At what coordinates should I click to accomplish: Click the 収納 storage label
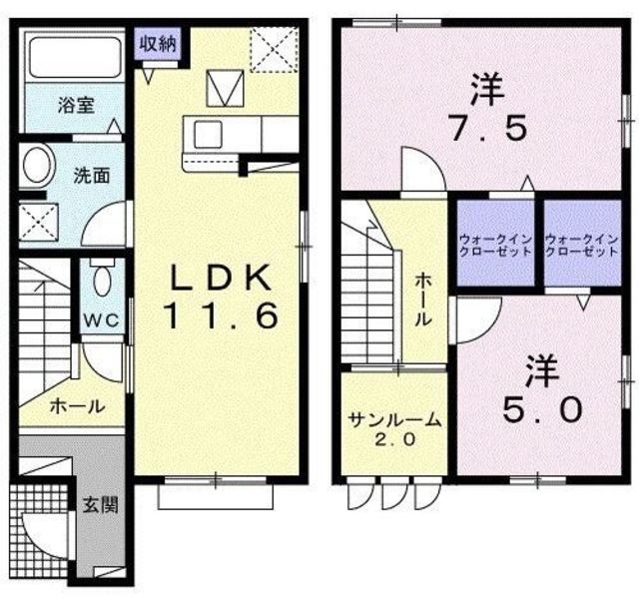pos(158,44)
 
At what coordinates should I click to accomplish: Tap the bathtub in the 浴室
pos(76,57)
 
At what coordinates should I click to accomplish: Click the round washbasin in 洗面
pos(39,166)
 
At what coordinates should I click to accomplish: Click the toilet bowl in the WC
pos(101,280)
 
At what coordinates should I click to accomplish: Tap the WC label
pos(102,320)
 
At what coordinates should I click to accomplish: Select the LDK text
pos(221,278)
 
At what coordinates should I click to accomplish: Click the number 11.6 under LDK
pos(221,316)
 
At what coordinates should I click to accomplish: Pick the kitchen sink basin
pos(208,135)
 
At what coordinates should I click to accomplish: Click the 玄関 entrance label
pos(101,505)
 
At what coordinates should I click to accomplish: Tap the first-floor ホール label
pos(78,406)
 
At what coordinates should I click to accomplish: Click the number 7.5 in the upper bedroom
pos(487,127)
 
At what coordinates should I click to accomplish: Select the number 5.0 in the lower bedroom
pos(541,410)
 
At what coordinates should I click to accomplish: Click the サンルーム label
pos(395,420)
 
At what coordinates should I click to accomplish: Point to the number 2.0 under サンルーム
pos(394,439)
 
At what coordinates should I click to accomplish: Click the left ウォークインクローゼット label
pos(495,245)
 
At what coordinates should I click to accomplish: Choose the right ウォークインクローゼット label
pos(581,245)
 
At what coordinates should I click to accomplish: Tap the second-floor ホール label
pos(423,300)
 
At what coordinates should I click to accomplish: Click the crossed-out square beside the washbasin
pos(39,223)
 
